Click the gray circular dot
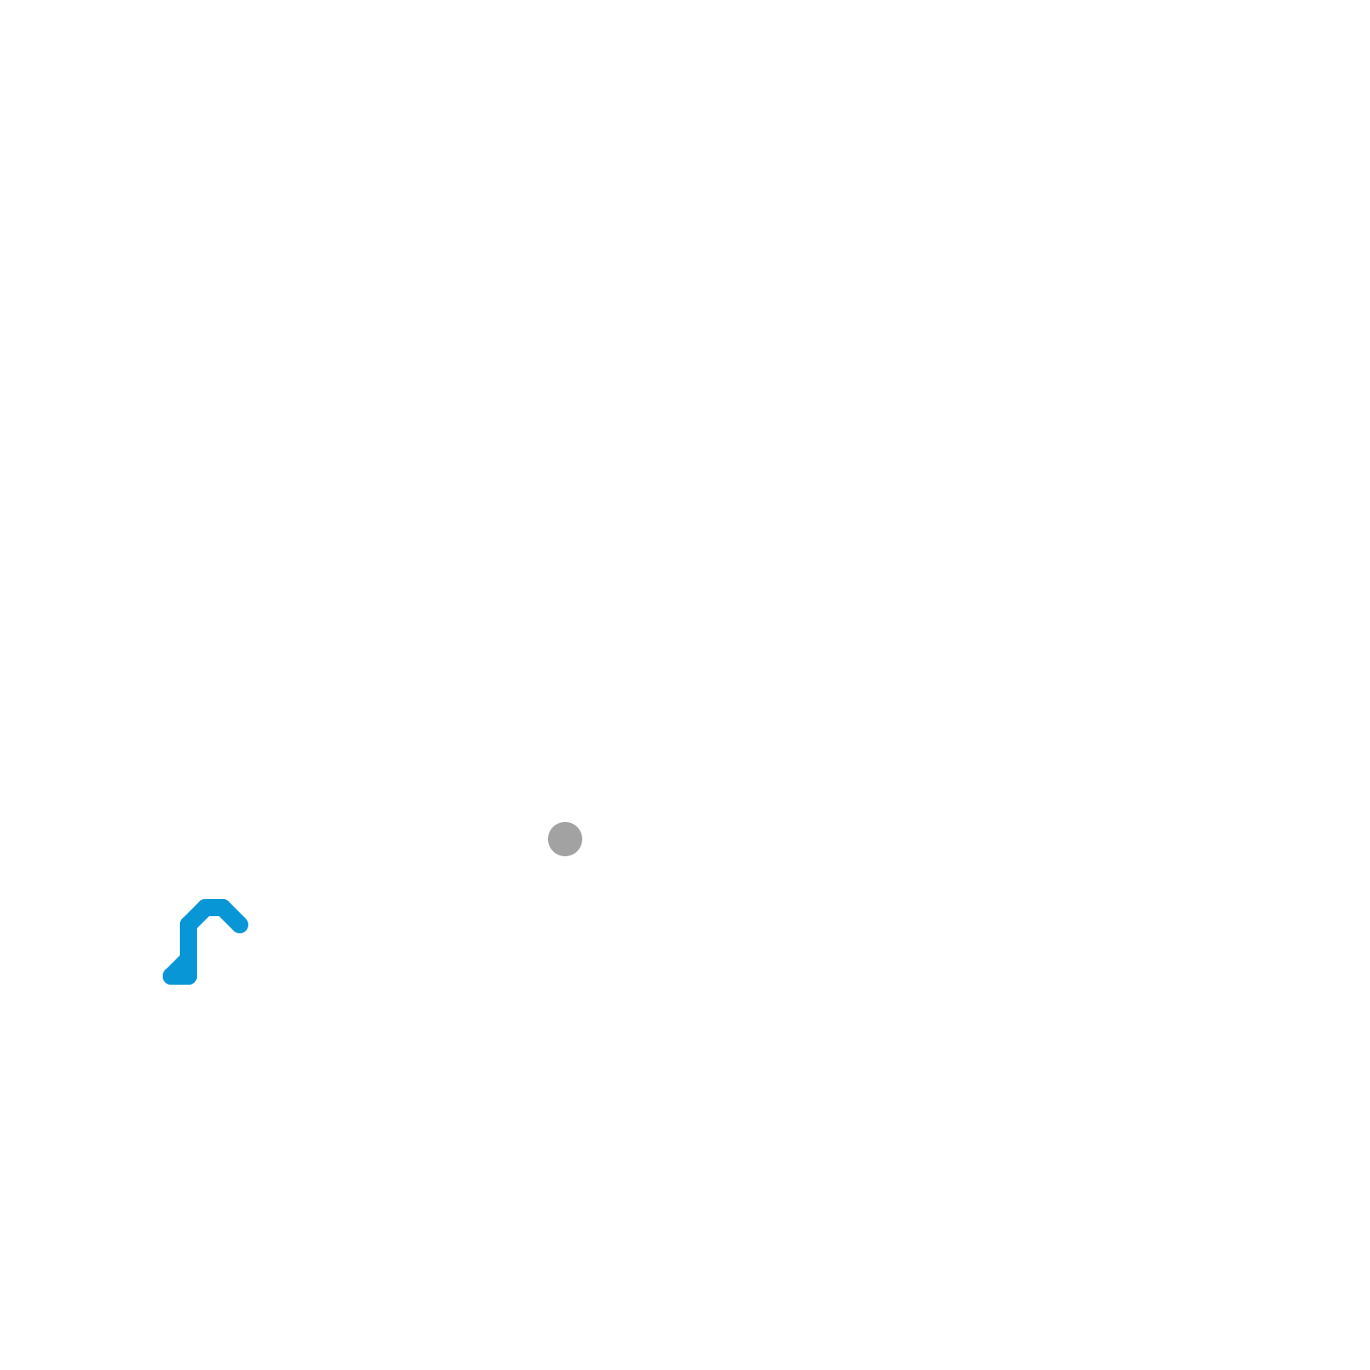pyautogui.click(x=565, y=839)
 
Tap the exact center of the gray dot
pyautogui.click(x=565, y=839)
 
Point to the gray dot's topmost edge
pyautogui.click(x=565, y=822)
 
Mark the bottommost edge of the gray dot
pyautogui.click(x=565, y=856)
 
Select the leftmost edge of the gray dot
pyautogui.click(x=548, y=839)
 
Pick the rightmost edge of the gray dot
pyautogui.click(x=582, y=839)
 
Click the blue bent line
pyautogui.click(x=188, y=942)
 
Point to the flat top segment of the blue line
pyautogui.click(x=214, y=908)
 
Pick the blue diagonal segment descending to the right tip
pyautogui.click(x=231, y=916)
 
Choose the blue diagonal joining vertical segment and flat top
pyautogui.click(x=197, y=916)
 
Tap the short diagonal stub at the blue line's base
pyautogui.click(x=178, y=969)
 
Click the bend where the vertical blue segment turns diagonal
pyautogui.click(x=188, y=925)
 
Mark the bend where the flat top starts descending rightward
pyautogui.click(x=223, y=908)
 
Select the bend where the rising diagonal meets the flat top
pyautogui.click(x=205, y=908)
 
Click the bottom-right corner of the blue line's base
pyautogui.click(x=195, y=983)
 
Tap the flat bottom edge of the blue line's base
pyautogui.click(x=182, y=984)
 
